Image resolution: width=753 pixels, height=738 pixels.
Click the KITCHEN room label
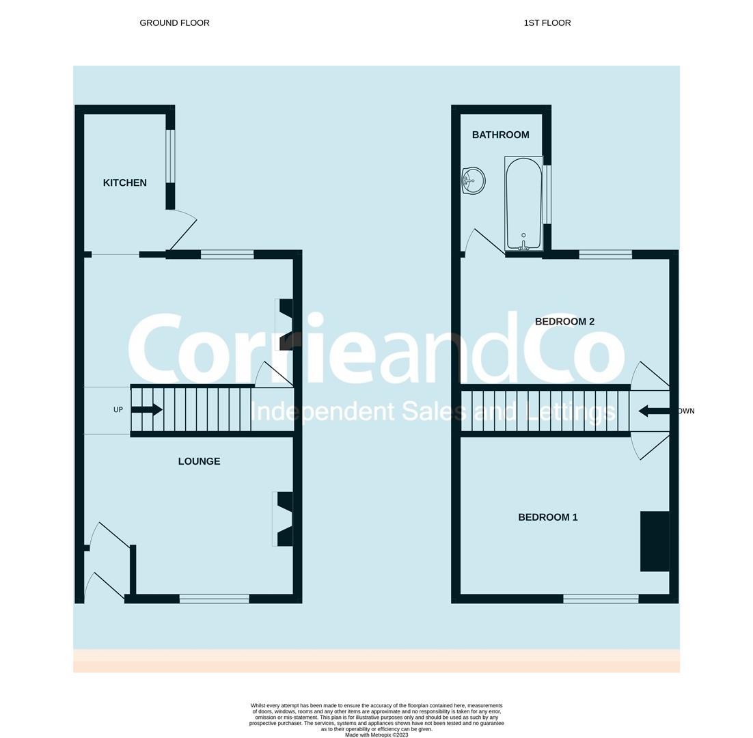124,182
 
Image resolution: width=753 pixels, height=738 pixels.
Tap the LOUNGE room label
199,461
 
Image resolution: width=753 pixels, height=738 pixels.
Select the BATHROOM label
500,135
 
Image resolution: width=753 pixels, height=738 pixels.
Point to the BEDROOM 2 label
564,321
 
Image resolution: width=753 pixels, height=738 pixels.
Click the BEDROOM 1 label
547,517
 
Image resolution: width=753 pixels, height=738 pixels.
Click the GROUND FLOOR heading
174,23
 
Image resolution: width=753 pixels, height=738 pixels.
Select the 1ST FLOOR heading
547,23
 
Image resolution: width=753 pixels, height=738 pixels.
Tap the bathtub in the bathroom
523,203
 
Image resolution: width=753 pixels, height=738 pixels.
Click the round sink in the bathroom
473,181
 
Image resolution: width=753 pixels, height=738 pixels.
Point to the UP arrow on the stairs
146,409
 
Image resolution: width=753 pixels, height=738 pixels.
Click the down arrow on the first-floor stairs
654,411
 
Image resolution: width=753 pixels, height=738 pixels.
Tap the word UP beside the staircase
118,410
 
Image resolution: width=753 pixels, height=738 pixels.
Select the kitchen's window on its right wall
170,156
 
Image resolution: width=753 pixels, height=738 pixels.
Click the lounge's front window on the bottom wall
214,599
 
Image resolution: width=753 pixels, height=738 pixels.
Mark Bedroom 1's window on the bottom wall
601,599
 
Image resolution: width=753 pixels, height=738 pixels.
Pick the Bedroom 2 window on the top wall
605,255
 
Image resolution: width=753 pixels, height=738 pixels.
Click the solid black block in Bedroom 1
654,541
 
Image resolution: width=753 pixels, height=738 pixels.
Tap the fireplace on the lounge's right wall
284,519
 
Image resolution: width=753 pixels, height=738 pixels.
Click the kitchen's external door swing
181,230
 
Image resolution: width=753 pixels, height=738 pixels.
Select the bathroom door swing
484,242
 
